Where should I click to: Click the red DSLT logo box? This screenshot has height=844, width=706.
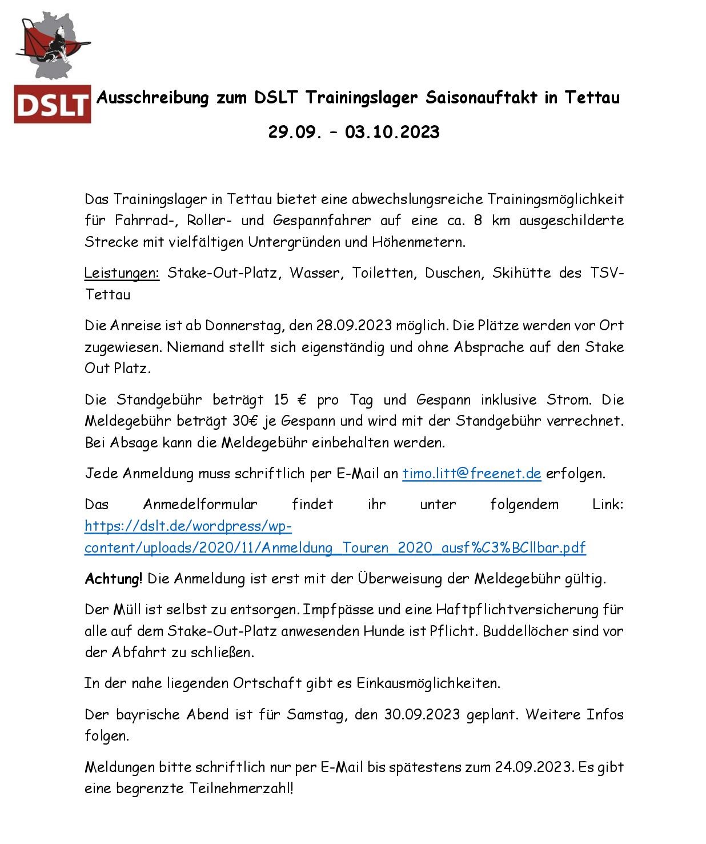click(x=53, y=104)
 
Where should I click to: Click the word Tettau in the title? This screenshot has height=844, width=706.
click(x=592, y=98)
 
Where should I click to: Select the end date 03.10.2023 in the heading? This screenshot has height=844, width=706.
click(x=392, y=132)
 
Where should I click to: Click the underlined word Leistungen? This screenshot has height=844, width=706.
click(x=122, y=273)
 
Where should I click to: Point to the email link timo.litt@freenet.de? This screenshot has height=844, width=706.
click(x=471, y=474)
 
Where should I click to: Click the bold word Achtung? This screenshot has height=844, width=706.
click(x=113, y=579)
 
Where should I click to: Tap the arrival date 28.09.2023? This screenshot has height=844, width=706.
click(x=354, y=326)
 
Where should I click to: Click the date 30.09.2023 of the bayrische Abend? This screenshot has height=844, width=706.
click(x=422, y=715)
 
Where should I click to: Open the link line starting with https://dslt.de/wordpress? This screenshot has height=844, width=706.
click(x=188, y=526)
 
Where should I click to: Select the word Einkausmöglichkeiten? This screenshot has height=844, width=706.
click(x=428, y=683)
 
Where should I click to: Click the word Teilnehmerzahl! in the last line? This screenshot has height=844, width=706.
click(x=241, y=789)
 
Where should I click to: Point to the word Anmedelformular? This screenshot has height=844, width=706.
click(x=200, y=505)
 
